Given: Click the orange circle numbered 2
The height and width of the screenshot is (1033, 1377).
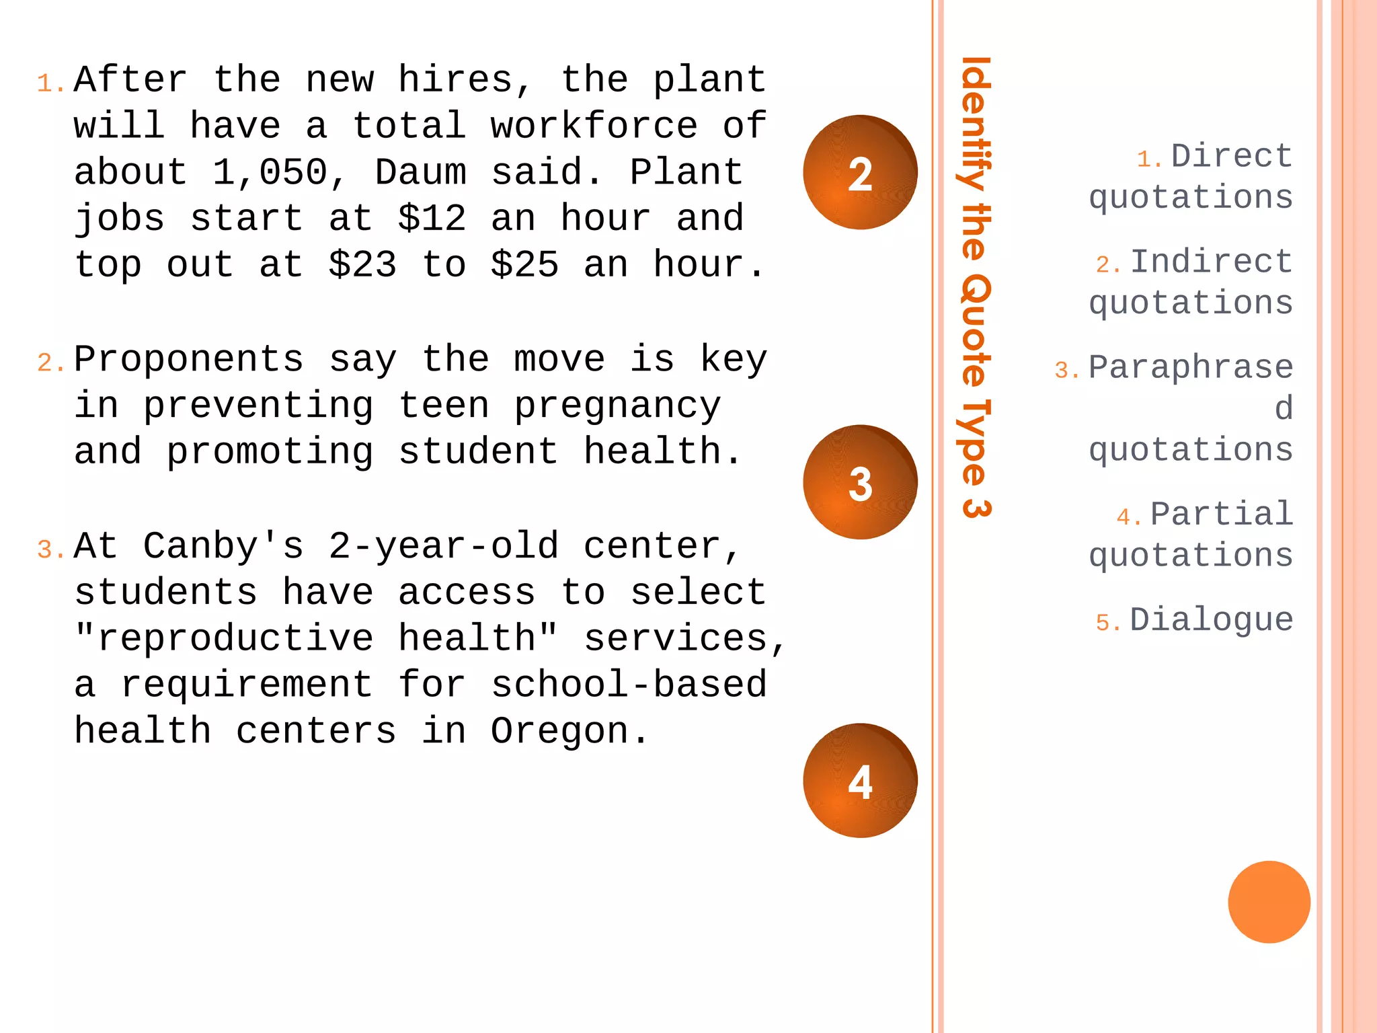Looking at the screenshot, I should pos(860,173).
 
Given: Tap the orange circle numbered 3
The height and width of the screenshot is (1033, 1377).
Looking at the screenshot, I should pos(860,482).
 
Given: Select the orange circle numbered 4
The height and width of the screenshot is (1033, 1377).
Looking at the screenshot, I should pos(860,781).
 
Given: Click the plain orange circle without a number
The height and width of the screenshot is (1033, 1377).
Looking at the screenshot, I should pos(1269,902).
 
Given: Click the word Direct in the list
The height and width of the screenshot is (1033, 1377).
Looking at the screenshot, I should pos(1231,157).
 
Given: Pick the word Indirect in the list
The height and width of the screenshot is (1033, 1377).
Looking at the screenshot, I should pos(1211,262).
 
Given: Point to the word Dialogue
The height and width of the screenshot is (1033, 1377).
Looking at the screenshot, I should pos(1211,620).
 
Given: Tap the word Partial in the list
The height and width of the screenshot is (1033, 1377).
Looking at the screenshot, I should pos(1221,514).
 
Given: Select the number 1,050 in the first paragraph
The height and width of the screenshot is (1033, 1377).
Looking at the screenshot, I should pos(270,172).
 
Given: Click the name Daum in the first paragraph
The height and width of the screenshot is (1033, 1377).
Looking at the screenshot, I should pos(420,172).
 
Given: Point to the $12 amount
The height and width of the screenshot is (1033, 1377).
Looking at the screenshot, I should pos(432,219).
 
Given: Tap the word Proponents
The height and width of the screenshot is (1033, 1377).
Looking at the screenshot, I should pos(189,359).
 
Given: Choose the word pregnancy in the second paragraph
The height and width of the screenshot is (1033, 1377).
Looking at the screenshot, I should pos(617,406).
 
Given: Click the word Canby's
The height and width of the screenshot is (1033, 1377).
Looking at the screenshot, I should pos(224,545).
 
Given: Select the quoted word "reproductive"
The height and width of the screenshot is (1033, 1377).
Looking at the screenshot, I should pos(224,638).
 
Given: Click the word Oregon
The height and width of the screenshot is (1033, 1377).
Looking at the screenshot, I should pos(559,731).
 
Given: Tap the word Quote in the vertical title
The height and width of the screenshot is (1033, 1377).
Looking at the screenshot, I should pos(974,330).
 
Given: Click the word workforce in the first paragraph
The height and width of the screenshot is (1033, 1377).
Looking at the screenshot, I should pos(594,126).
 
